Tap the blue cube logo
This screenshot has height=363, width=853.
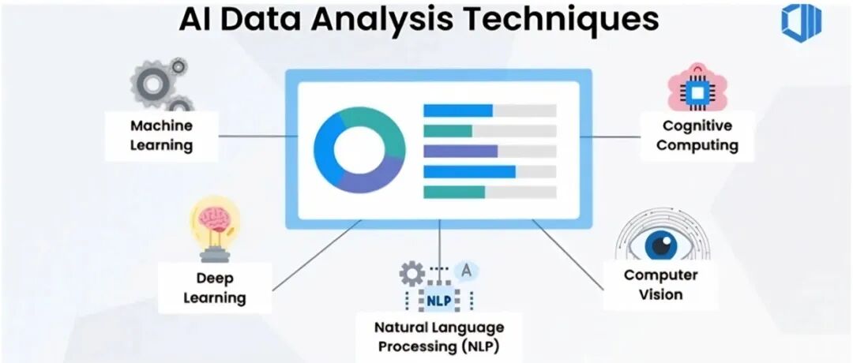[x=802, y=22]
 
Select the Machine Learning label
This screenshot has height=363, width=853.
[x=161, y=135]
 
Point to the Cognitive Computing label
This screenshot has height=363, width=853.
[x=697, y=135]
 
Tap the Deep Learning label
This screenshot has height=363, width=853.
[x=214, y=287]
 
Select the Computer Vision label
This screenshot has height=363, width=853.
[x=660, y=285]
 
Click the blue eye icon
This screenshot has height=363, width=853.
[x=660, y=243]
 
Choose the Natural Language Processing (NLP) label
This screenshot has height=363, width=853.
[x=439, y=335]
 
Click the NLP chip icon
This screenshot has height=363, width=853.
[x=438, y=301]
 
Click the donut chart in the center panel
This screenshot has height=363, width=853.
[x=359, y=148]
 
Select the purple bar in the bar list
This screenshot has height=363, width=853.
[x=460, y=151]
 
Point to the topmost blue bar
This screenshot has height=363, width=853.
[x=458, y=110]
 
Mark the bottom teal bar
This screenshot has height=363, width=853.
[x=454, y=192]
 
